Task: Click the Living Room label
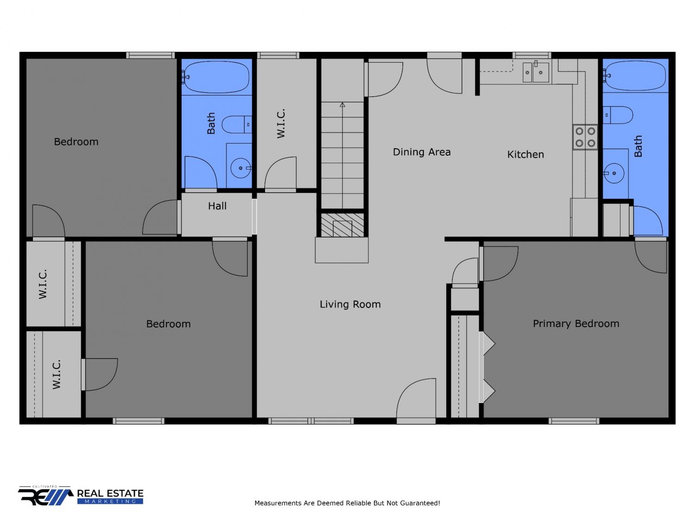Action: (350, 304)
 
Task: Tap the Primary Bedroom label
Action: (575, 324)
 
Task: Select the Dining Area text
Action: (422, 152)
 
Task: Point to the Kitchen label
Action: (525, 154)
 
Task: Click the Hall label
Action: (217, 206)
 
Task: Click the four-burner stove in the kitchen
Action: (585, 137)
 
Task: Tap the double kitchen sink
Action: (536, 72)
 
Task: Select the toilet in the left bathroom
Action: (237, 124)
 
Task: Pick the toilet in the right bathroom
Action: (618, 115)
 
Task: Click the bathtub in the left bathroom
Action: (216, 77)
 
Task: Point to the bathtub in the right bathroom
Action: (634, 76)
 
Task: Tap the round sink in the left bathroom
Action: (240, 168)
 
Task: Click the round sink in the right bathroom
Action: (613, 173)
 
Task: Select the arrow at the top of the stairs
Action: (342, 104)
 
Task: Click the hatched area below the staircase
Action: (342, 225)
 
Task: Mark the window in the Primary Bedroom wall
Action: (574, 421)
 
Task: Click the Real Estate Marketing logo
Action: (81, 496)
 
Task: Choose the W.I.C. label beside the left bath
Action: (281, 123)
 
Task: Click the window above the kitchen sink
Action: (531, 56)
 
